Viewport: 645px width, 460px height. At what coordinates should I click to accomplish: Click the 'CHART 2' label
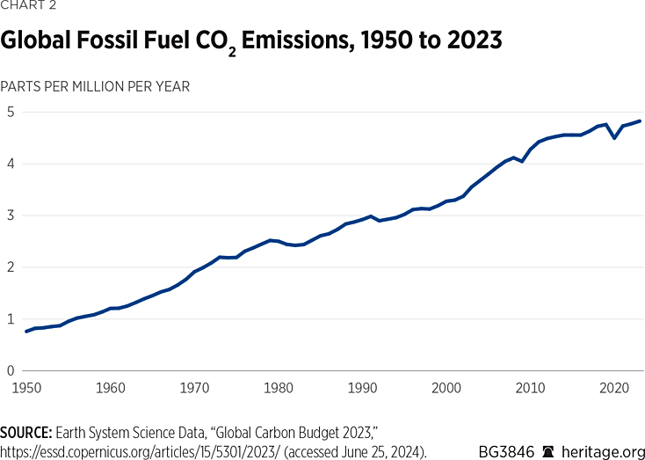pos(29,7)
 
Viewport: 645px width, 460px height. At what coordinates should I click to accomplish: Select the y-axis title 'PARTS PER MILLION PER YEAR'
pos(96,86)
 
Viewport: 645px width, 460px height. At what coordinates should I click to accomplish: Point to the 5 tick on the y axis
pos(11,112)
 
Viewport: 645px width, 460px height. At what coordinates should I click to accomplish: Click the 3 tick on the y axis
pos(11,215)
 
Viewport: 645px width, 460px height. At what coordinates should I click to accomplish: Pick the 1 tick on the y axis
pos(11,319)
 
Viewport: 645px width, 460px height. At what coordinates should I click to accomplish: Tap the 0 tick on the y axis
pos(11,370)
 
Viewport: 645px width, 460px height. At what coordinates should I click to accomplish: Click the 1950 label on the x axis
pos(26,387)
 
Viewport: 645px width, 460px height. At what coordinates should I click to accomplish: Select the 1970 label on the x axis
pos(194,387)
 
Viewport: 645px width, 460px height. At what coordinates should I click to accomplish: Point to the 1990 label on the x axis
pos(362,387)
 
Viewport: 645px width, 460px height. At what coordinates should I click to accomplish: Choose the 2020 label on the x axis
pos(614,387)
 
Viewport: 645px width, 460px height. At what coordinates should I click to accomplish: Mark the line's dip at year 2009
pos(522,162)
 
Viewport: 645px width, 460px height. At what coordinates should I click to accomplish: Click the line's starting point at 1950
pos(26,332)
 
